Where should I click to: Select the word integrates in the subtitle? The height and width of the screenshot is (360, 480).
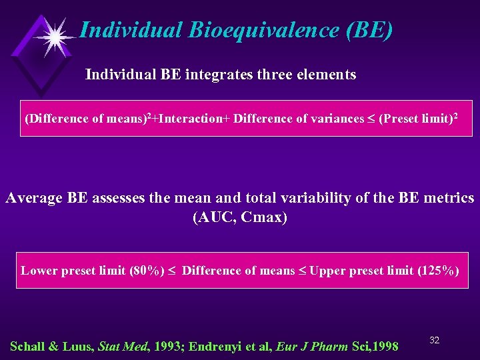(x=220, y=75)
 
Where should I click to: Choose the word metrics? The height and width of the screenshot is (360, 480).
(x=448, y=198)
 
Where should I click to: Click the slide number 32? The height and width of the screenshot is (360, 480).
(x=434, y=340)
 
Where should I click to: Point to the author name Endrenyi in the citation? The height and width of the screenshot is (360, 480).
(x=217, y=346)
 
